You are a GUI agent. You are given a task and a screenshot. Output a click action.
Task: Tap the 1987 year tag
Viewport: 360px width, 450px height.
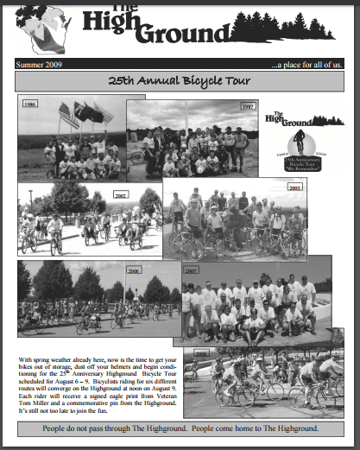tap(223, 106)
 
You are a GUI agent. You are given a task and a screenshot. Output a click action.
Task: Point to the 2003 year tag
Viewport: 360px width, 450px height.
tap(295, 187)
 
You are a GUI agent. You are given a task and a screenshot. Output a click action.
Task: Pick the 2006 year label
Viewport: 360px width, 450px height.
tap(133, 270)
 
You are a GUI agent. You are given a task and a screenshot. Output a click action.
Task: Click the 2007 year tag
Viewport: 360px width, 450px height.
tap(191, 269)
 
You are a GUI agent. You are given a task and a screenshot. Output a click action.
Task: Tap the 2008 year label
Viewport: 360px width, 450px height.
tap(201, 353)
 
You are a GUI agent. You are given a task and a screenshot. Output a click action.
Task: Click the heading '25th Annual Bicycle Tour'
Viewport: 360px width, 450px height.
tap(180, 81)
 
